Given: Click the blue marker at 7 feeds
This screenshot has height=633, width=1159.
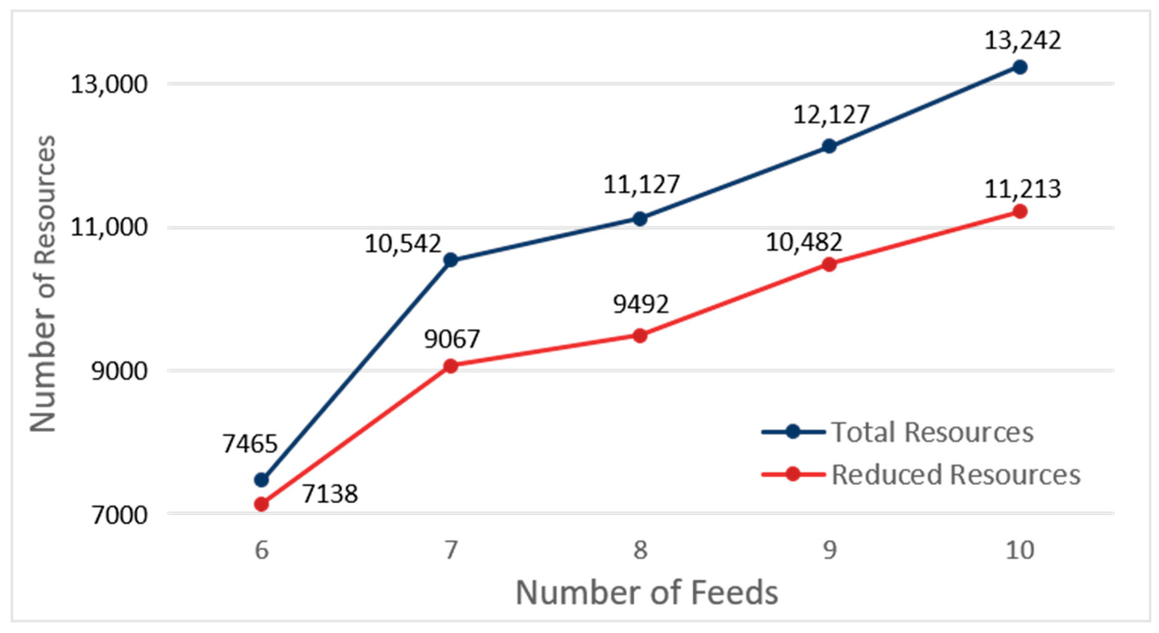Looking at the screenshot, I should tap(450, 260).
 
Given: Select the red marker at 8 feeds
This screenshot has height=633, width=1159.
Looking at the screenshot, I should tap(640, 336).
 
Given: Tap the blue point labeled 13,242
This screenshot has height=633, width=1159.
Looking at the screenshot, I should tap(1020, 67).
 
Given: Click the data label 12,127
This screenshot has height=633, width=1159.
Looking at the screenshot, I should tap(830, 115).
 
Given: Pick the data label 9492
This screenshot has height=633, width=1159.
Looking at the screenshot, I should tap(641, 305).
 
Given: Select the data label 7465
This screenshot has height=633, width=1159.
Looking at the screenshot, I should tap(250, 445).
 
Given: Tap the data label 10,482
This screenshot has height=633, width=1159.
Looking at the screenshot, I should tap(804, 243).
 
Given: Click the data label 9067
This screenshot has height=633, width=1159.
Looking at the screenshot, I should tap(452, 339).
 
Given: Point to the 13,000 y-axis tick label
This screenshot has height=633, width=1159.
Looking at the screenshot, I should tap(109, 84).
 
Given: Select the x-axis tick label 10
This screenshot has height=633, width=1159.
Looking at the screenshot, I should tap(1020, 550).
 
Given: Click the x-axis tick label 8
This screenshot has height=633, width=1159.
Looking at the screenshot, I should tap(640, 550).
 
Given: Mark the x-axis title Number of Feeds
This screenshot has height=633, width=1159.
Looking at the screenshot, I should tap(646, 593).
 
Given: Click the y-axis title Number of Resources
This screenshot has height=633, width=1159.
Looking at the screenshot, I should tap(43, 283).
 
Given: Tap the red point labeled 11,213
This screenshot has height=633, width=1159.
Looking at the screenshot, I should tap(1020, 212).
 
